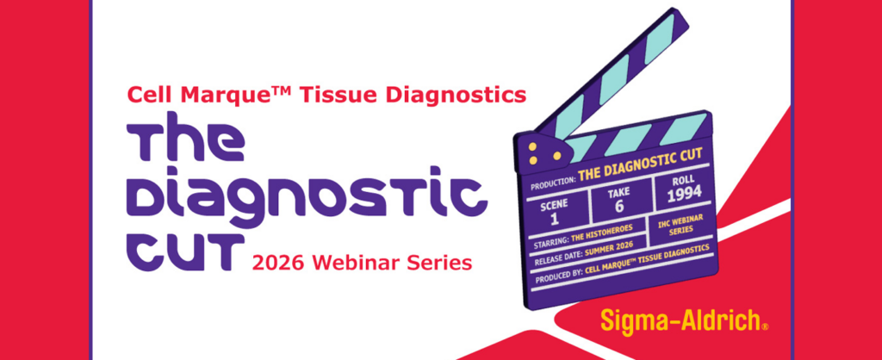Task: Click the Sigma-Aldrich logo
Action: (684, 320)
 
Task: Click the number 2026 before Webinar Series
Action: (277, 262)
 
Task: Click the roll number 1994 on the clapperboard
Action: (684, 192)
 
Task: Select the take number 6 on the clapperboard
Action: (619, 206)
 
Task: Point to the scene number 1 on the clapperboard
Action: (555, 219)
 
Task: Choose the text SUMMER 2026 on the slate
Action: (609, 245)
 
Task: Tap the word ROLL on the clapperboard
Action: (683, 180)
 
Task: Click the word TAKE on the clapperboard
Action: (618, 193)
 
